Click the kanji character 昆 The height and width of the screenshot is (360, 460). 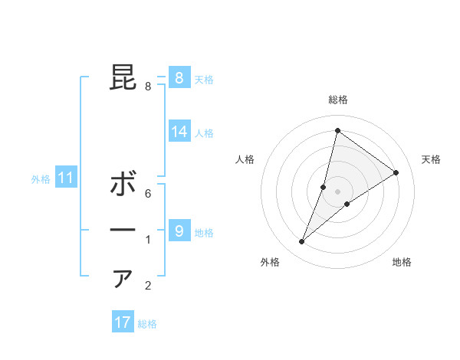pyautogui.click(x=123, y=77)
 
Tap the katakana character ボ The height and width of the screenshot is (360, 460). pyautogui.click(x=123, y=185)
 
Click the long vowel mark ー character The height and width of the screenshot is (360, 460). pyautogui.click(x=123, y=231)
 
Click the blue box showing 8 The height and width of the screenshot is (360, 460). pyautogui.click(x=179, y=78)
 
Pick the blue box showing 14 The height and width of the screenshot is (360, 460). pyautogui.click(x=179, y=132)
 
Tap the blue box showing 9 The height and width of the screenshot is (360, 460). pyautogui.click(x=179, y=231)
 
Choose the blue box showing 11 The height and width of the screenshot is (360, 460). pyautogui.click(x=66, y=178)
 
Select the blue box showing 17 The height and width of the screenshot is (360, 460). pyautogui.click(x=123, y=322)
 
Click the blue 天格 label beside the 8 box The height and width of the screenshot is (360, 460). pyautogui.click(x=204, y=79)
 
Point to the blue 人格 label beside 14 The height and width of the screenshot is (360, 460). pyautogui.click(x=204, y=133)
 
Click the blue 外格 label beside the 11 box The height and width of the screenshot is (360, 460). pyautogui.click(x=41, y=179)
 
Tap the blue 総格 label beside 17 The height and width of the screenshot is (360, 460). pyautogui.click(x=147, y=323)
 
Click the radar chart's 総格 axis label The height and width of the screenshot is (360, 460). pyautogui.click(x=337, y=100)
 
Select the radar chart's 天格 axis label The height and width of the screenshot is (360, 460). pyautogui.click(x=431, y=159)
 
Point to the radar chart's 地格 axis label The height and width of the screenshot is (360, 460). pyautogui.click(x=402, y=262)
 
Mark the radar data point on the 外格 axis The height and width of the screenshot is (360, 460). pyautogui.click(x=302, y=242)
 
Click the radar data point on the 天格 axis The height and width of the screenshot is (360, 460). pyautogui.click(x=396, y=172)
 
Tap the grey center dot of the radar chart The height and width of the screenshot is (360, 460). pyautogui.click(x=337, y=191)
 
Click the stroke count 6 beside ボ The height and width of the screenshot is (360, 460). pyautogui.click(x=148, y=194)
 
